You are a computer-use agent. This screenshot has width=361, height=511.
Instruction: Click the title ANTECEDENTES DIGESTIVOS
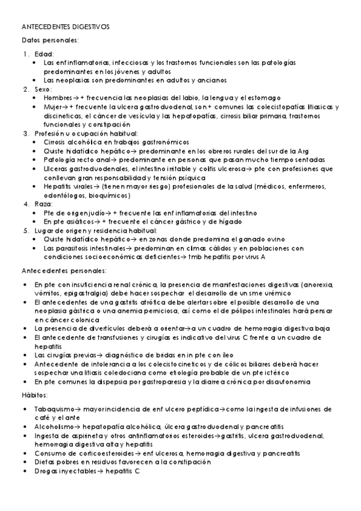65,28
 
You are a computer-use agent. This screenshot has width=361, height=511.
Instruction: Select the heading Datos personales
49,40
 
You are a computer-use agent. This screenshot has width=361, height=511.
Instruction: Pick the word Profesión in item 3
50,133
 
